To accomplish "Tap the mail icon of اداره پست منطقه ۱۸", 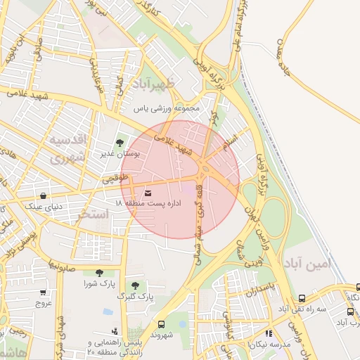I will coord(148,193).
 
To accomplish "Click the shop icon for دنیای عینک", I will coord(44,196).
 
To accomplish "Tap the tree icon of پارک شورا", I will coord(98,273).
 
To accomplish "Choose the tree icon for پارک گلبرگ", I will coord(135,286).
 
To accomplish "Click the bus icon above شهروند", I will coord(162,324).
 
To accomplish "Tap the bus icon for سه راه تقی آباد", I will coord(302,298).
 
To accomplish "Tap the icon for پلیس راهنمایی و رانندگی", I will coord(115,330).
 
